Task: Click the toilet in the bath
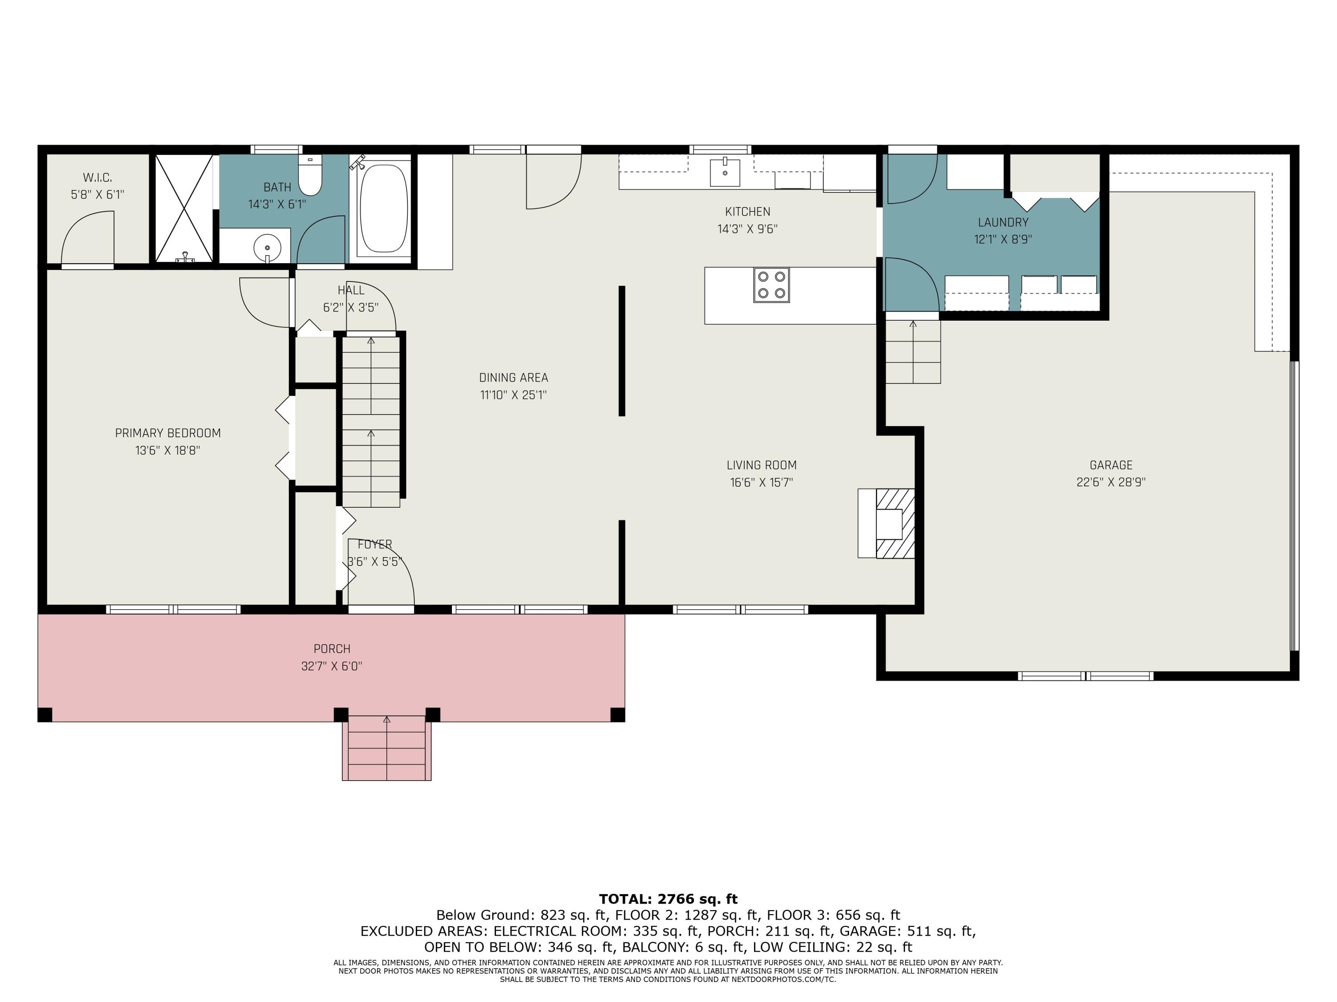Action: pyautogui.click(x=310, y=175)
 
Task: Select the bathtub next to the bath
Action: pyautogui.click(x=383, y=208)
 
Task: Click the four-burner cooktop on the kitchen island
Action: pyautogui.click(x=771, y=285)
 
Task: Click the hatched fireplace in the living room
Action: pyautogui.click(x=894, y=523)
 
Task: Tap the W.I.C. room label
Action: pyautogui.click(x=97, y=178)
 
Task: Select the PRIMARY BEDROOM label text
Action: pyautogui.click(x=168, y=433)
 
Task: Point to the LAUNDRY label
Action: pyautogui.click(x=1003, y=222)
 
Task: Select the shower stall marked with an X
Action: pyautogui.click(x=184, y=208)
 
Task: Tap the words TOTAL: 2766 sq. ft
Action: pyautogui.click(x=668, y=899)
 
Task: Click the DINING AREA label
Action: pyautogui.click(x=513, y=378)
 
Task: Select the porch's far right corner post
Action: pyautogui.click(x=617, y=714)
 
